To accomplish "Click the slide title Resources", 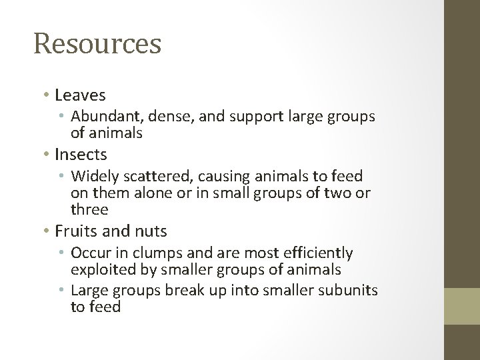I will pyautogui.click(x=97, y=44).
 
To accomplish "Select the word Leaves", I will pyautogui.click(x=80, y=95).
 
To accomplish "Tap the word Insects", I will pyautogui.click(x=81, y=154).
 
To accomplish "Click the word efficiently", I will pyautogui.click(x=315, y=253).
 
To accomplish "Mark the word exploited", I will pyautogui.click(x=101, y=270).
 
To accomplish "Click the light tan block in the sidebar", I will pyautogui.click(x=463, y=306).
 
